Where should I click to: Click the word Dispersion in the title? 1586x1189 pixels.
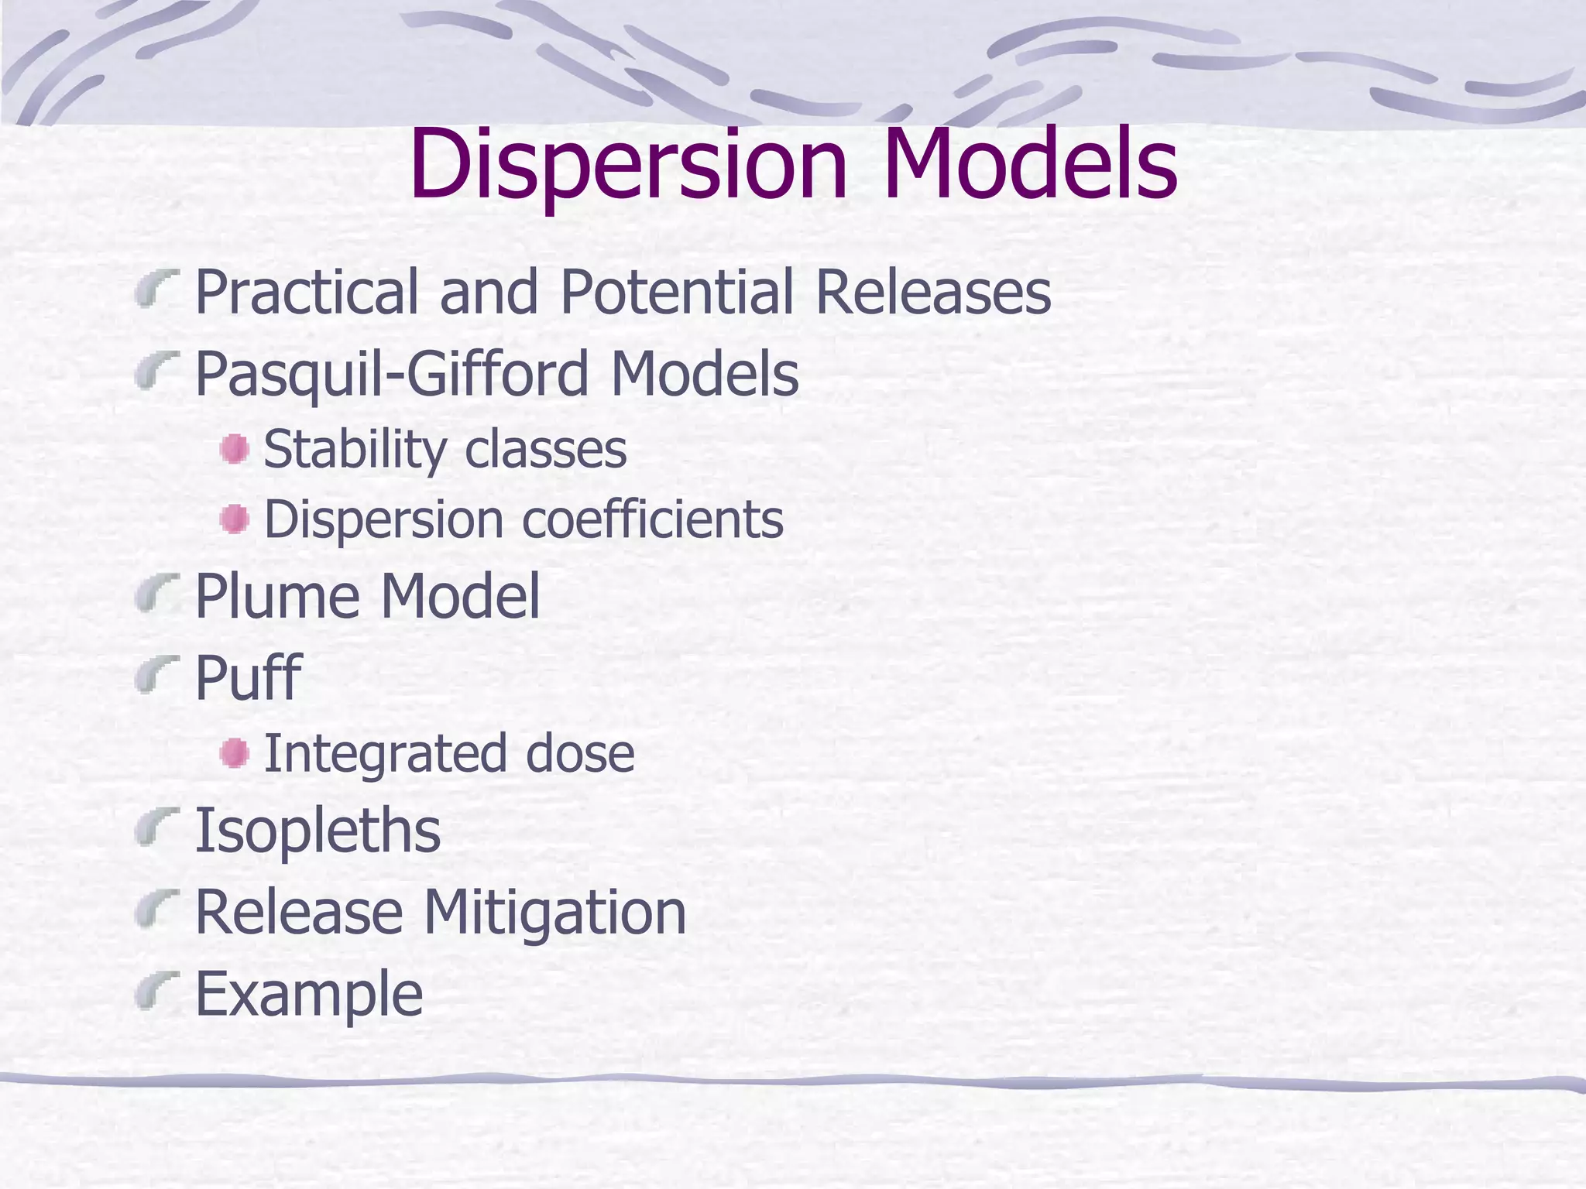628,164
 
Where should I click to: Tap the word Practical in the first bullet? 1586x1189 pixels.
306,292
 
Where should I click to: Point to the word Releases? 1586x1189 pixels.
933,292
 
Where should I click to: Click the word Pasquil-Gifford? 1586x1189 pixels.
391,374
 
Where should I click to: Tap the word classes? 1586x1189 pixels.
545,449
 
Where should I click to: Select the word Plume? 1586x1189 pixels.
277,596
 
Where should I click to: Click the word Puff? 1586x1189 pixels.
247,677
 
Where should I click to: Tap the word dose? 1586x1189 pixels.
580,753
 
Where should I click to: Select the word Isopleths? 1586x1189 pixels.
318,831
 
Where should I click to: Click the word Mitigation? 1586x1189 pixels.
554,912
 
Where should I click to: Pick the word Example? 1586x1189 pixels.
309,994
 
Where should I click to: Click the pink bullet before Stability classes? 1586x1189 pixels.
234,449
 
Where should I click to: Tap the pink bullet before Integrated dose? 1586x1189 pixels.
234,753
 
